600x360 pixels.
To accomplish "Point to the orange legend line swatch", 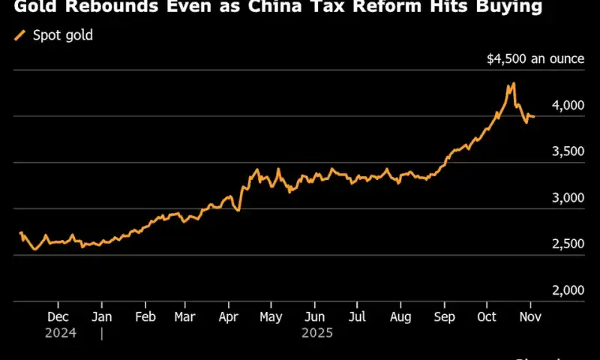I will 19,35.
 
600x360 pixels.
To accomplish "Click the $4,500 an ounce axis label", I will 533,58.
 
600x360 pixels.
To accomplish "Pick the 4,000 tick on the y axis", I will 567,105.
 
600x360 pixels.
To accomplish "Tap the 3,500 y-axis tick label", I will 567,151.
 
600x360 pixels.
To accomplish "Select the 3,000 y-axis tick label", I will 567,198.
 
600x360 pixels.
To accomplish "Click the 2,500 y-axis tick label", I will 567,244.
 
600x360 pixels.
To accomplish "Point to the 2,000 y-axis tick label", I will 567,291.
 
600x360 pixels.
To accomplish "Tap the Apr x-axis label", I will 228,316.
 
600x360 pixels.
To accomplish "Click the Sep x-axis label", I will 444,316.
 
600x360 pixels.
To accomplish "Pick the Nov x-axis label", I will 530,316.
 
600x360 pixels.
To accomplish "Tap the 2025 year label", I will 317,333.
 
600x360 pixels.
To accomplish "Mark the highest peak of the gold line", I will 513,83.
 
